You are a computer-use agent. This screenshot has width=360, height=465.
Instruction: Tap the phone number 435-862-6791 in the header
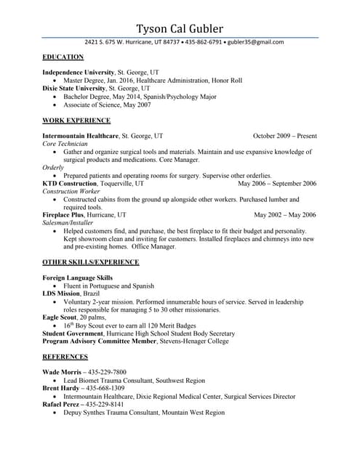tap(204, 42)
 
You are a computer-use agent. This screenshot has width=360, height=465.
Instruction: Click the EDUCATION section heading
tap(63, 57)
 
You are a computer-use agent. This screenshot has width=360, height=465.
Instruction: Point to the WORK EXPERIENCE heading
tap(76, 120)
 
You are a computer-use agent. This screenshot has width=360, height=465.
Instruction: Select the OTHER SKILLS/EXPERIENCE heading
tap(90, 262)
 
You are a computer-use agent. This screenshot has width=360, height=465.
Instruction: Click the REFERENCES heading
tap(65, 357)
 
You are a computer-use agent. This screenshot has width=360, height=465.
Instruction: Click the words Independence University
tap(78, 73)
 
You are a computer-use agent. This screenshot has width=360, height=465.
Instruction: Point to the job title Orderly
tap(53, 167)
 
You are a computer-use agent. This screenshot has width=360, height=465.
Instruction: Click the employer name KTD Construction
tap(69, 184)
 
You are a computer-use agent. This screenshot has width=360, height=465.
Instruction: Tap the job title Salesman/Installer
tap(68, 223)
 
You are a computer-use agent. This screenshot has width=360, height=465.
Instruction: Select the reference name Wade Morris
tap(61, 373)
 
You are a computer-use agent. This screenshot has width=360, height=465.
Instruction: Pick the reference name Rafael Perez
tap(61, 404)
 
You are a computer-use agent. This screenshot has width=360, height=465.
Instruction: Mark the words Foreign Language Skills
tap(78, 278)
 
